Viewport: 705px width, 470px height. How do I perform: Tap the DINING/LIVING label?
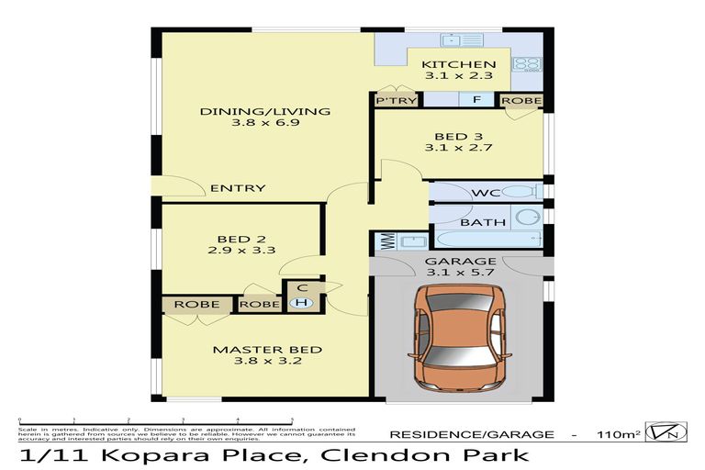(264, 112)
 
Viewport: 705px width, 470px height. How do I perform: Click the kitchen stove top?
(527, 65)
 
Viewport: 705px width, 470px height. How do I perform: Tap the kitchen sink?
(454, 40)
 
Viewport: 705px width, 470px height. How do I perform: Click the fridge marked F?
(476, 100)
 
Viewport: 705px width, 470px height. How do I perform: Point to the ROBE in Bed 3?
(520, 100)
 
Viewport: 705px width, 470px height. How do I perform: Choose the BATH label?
(476, 222)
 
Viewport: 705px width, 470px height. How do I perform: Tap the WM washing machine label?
(386, 242)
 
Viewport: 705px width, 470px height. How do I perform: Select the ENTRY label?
(238, 188)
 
